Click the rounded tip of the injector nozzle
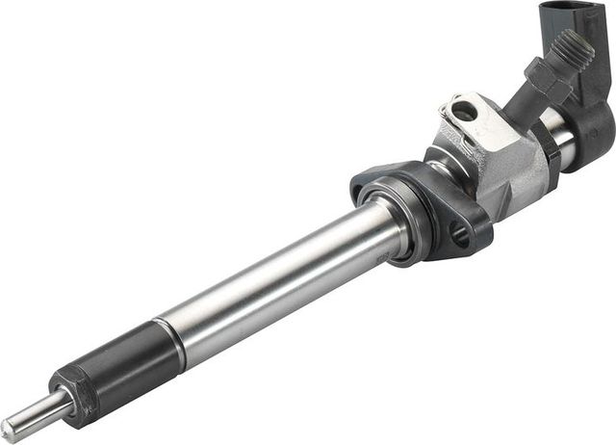pos(9,430)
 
